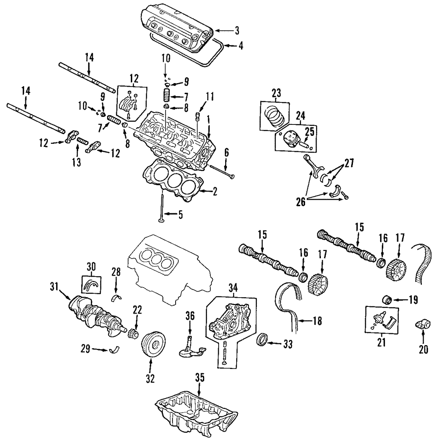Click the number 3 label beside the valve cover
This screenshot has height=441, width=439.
(x=237, y=30)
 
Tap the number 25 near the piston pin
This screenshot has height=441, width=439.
(x=309, y=131)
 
